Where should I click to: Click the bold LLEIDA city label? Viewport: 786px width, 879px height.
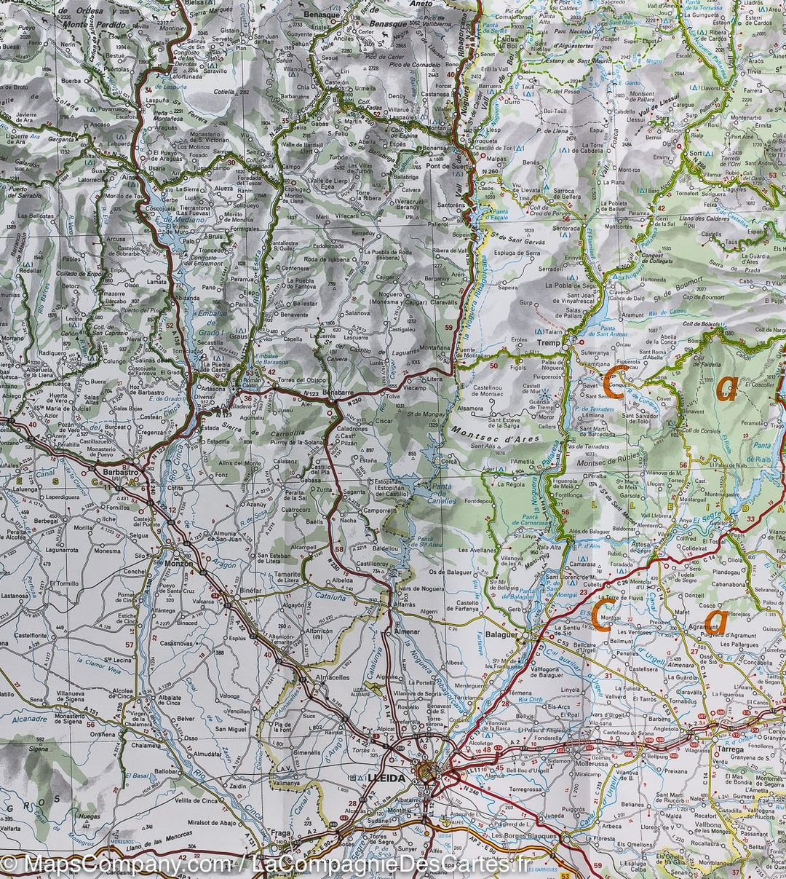tap(386, 778)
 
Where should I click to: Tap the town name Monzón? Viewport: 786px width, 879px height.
tap(174, 564)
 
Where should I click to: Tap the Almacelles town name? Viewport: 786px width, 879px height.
tap(333, 677)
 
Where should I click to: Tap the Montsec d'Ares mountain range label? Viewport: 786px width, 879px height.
tap(496, 435)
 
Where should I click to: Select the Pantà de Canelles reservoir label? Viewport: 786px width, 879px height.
tap(443, 496)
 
